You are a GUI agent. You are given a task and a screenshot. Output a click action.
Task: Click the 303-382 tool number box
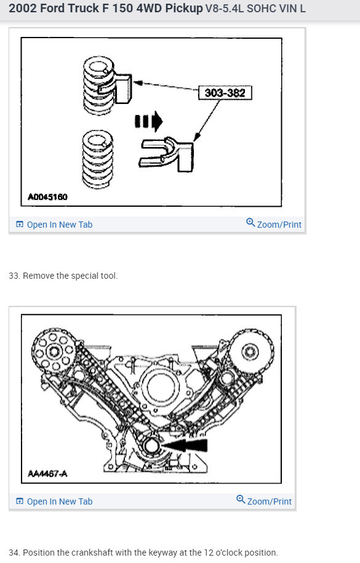(x=225, y=93)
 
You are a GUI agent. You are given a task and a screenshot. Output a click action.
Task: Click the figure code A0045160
(x=47, y=197)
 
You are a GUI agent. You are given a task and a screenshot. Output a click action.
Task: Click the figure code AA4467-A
(x=47, y=474)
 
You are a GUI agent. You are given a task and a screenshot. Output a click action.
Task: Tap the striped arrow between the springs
(x=148, y=121)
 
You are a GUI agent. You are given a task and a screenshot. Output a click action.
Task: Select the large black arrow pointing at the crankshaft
(x=185, y=445)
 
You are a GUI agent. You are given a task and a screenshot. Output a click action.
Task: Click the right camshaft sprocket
(x=250, y=351)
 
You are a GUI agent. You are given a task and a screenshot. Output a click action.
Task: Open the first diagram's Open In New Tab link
(x=54, y=225)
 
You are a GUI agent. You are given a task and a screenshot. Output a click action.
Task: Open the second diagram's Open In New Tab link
(x=54, y=501)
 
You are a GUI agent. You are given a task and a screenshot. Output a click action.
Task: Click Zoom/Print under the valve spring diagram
(x=274, y=224)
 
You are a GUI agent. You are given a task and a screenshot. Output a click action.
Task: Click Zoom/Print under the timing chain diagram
(x=264, y=501)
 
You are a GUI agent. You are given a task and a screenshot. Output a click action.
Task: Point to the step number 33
(x=14, y=276)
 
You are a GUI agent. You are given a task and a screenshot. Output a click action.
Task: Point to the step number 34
(x=14, y=553)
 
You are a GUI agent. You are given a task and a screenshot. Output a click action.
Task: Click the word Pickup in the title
(x=183, y=8)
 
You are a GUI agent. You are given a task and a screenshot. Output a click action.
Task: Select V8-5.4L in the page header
(x=224, y=8)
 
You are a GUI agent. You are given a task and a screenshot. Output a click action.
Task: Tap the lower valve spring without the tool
(x=98, y=159)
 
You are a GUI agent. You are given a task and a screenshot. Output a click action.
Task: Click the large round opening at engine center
(x=161, y=386)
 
